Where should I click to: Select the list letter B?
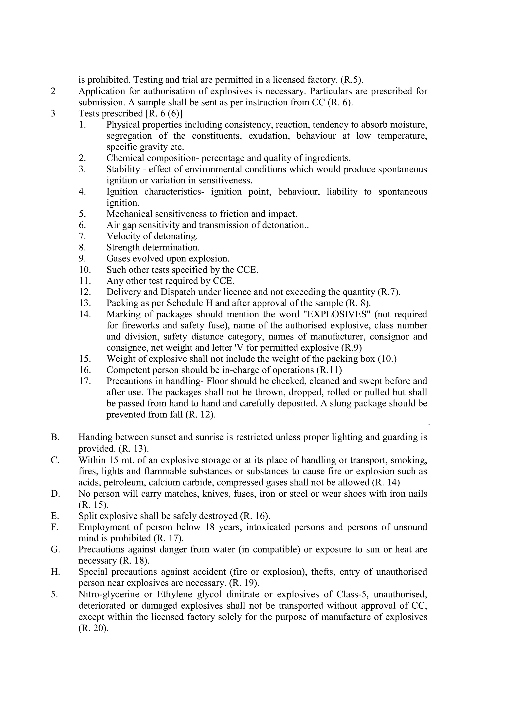pyautogui.click(x=55, y=437)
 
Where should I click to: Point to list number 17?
pyautogui.click(x=84, y=381)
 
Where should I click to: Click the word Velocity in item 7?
pyautogui.click(x=123, y=236)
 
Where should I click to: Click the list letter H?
pyautogui.click(x=55, y=572)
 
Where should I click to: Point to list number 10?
pyautogui.click(x=84, y=270)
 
